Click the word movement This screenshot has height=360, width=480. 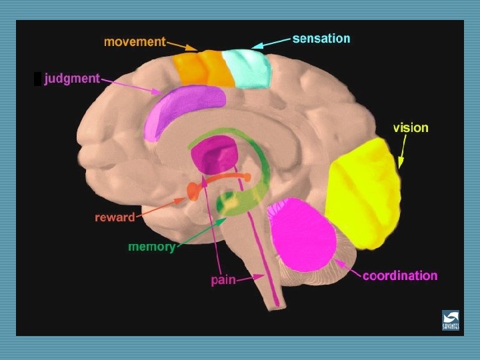135,41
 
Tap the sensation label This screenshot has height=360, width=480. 321,38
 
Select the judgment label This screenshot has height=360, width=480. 71,79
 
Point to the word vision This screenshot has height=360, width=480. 411,127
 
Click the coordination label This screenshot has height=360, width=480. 400,275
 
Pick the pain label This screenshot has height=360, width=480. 223,280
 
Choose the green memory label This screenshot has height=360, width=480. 151,247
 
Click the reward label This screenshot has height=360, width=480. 114,217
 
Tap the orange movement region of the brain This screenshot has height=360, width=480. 201,68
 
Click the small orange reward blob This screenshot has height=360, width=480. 193,192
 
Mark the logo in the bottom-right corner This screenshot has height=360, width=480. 450,320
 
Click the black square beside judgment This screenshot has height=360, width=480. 38,79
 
